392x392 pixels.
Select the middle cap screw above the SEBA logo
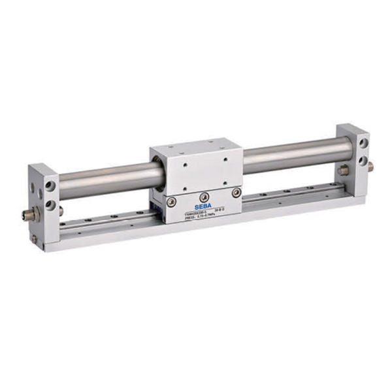point(204,195)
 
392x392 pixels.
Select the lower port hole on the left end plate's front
point(49,205)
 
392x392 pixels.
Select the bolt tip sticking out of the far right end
point(370,167)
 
